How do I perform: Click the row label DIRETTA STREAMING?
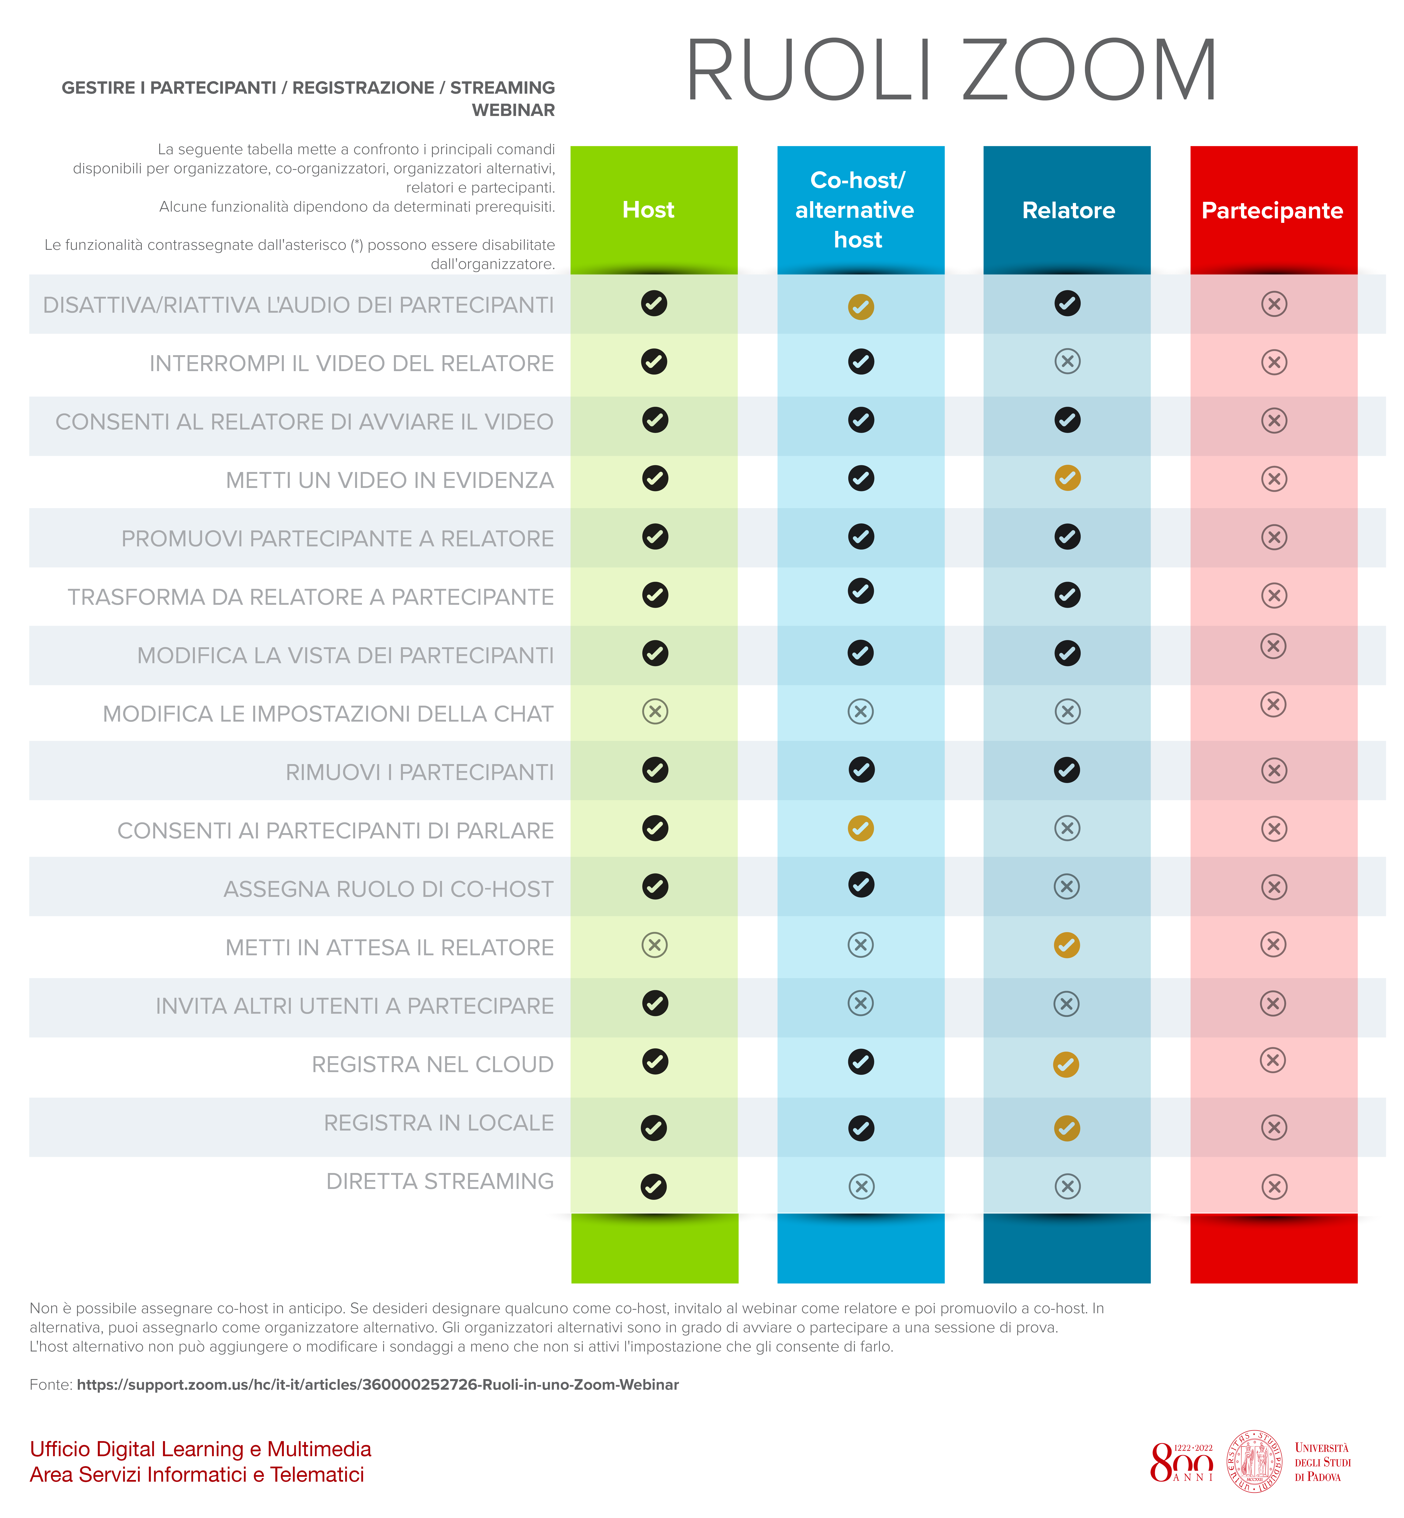pos(440,1181)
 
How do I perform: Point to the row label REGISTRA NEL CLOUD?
pos(432,1064)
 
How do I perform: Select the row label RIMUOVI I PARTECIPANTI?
pos(419,772)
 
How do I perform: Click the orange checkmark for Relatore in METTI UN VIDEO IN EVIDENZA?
pos(1068,478)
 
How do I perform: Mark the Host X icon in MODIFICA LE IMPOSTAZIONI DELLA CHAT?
pos(655,711)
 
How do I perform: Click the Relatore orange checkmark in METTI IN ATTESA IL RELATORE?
pos(1067,945)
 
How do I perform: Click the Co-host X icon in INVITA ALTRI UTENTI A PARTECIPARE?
pos(861,1003)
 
